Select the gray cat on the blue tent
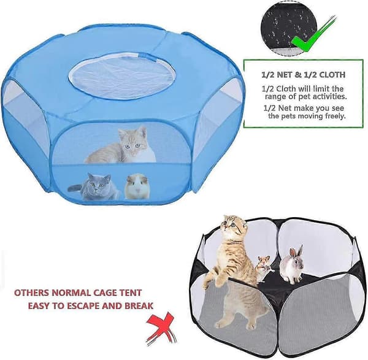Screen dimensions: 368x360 pyautogui.click(x=93, y=186)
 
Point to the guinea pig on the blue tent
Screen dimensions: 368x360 pyautogui.click(x=137, y=186)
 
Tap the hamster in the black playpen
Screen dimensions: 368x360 pyautogui.click(x=264, y=269)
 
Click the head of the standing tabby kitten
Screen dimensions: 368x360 pyautogui.click(x=234, y=225)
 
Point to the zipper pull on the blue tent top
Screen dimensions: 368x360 pyautogui.click(x=144, y=56)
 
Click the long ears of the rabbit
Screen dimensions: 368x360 pyautogui.click(x=296, y=251)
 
